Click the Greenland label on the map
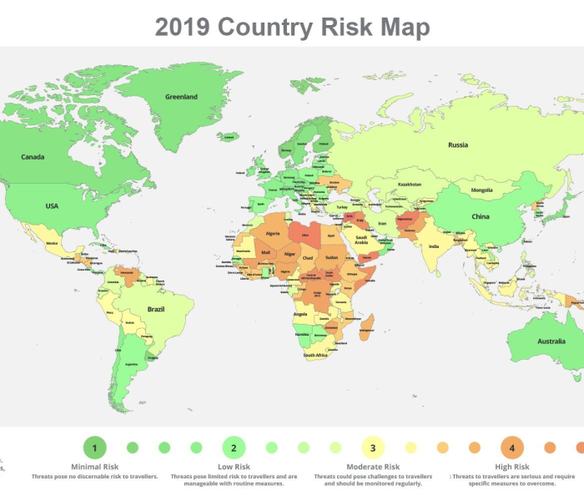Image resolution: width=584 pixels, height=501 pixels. point(181,97)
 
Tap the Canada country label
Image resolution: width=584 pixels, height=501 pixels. point(33,157)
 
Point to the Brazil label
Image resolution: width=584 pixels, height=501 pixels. point(156,309)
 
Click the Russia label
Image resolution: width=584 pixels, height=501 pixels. point(458,145)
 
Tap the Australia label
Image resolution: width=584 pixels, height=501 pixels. point(551,342)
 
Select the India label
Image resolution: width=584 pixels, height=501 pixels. point(434,247)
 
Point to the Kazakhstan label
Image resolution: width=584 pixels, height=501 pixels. point(410,185)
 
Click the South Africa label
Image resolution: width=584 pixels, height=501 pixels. point(315,356)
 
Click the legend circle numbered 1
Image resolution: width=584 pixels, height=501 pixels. point(95,448)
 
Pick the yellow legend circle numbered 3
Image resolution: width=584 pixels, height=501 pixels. point(373,448)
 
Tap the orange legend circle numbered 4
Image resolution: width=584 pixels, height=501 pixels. point(512,448)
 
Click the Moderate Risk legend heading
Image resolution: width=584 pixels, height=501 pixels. point(373,467)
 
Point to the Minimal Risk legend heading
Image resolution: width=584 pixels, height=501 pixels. point(95,467)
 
